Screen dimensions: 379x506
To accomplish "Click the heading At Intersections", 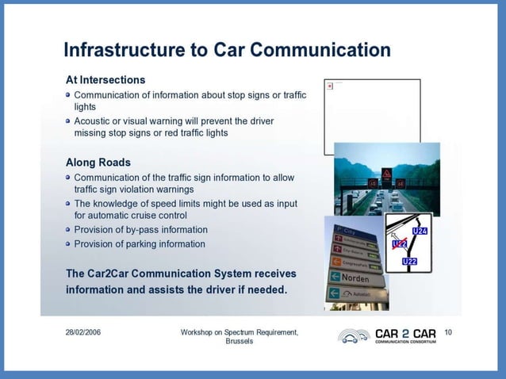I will (x=105, y=80).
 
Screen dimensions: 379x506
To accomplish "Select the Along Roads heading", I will (x=98, y=162).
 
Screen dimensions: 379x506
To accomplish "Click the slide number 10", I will (x=448, y=331).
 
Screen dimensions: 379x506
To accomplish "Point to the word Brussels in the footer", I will (x=240, y=342).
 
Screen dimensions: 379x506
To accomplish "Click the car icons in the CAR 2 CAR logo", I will (x=353, y=336).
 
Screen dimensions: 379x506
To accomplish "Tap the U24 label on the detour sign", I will (x=420, y=231).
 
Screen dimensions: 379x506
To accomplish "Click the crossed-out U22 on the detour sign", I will (x=400, y=243).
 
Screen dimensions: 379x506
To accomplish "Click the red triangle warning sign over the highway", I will (x=386, y=173).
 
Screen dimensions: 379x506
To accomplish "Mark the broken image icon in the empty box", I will (x=329, y=86).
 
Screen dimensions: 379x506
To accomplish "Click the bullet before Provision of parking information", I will (x=68, y=244).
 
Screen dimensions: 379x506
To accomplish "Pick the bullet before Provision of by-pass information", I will (x=68, y=230).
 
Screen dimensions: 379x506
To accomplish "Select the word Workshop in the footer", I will (x=200, y=331).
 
